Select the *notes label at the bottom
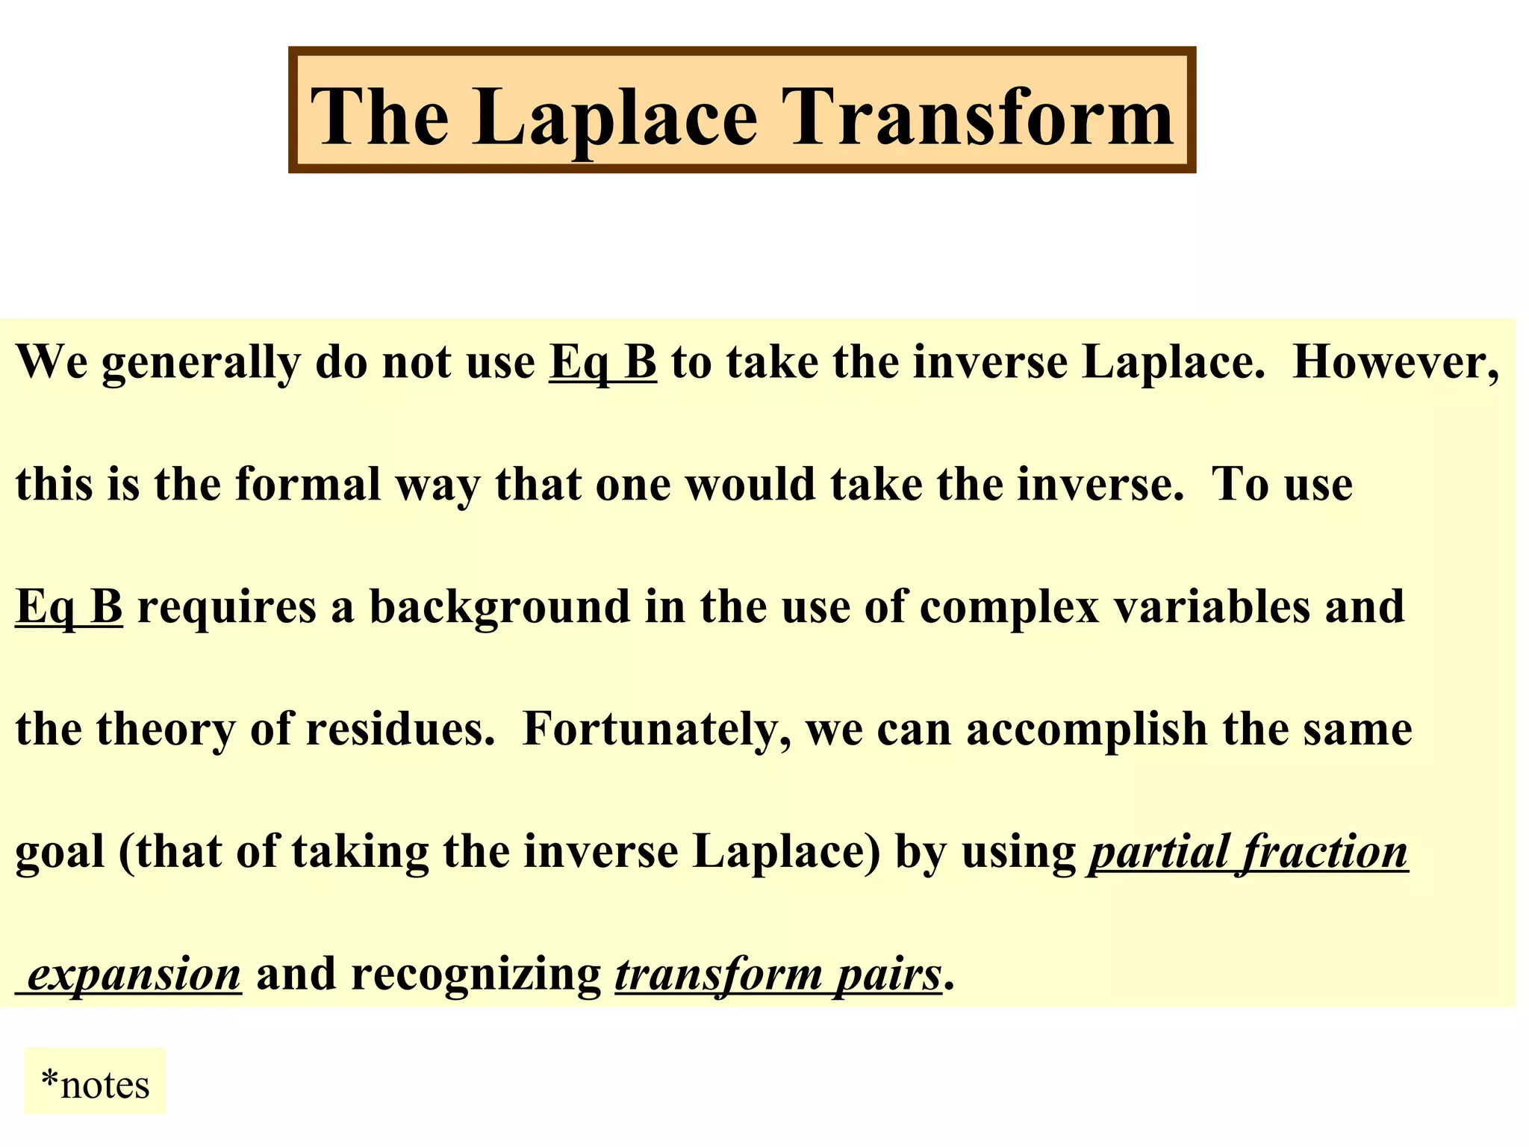click(95, 1084)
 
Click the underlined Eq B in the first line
click(602, 363)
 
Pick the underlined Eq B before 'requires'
click(69, 606)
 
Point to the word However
click(1395, 363)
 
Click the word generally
click(201, 364)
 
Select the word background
click(499, 608)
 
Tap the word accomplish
click(1086, 730)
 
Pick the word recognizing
click(476, 975)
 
